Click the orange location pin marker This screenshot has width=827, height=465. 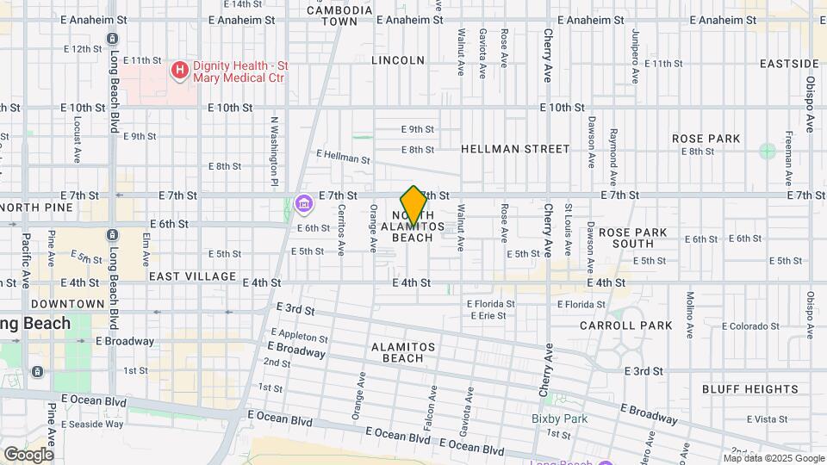pyautogui.click(x=413, y=205)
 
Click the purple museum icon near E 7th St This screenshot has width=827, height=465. pyautogui.click(x=302, y=204)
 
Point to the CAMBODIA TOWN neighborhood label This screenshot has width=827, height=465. pyautogui.click(x=339, y=15)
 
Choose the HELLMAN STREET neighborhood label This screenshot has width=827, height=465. pyautogui.click(x=515, y=149)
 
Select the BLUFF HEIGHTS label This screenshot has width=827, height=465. pyautogui.click(x=738, y=389)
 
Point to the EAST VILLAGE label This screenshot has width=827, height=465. pyautogui.click(x=192, y=276)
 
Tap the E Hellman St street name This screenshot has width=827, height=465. pyautogui.click(x=343, y=157)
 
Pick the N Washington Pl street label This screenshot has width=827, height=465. pyautogui.click(x=275, y=152)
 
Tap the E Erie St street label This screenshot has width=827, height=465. pyautogui.click(x=487, y=316)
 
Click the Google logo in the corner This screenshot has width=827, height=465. pyautogui.click(x=28, y=454)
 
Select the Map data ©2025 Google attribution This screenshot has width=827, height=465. pyautogui.click(x=773, y=457)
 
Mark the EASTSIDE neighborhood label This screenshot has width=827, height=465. pyautogui.click(x=789, y=64)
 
